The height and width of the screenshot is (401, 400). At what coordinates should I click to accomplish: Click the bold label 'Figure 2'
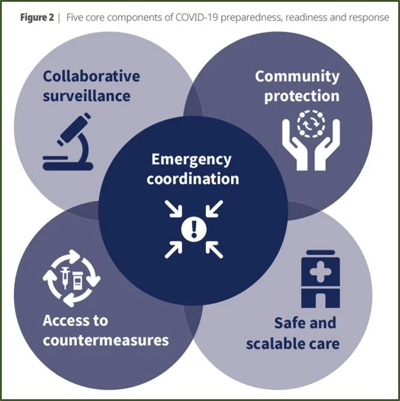tap(39, 17)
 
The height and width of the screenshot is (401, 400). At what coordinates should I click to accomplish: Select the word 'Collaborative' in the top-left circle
tap(91, 76)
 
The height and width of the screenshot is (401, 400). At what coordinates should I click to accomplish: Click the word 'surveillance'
tap(86, 95)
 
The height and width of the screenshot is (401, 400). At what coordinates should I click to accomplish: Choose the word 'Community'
tap(297, 76)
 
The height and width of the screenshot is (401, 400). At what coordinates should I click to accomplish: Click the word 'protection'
tap(302, 96)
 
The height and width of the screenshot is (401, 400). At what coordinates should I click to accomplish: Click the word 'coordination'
tap(193, 179)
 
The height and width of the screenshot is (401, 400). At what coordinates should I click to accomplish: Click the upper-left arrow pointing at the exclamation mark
tap(173, 208)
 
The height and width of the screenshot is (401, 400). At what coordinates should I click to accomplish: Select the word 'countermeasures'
tap(106, 340)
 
